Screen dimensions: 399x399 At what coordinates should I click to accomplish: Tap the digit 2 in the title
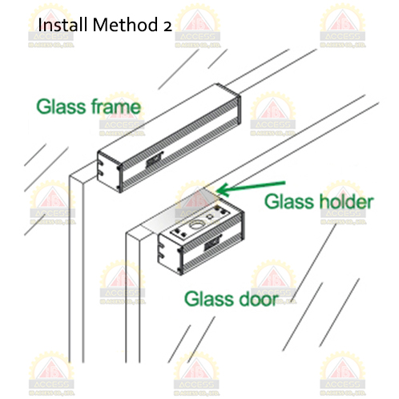click(167, 26)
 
